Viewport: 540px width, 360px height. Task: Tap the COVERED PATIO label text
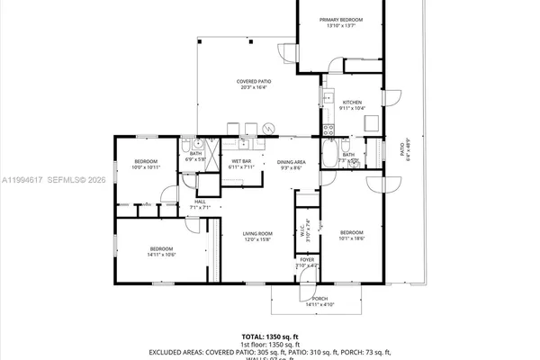(254, 81)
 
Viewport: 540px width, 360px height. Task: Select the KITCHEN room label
(352, 103)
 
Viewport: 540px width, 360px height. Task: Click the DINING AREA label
(291, 161)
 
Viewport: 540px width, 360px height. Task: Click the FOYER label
(307, 259)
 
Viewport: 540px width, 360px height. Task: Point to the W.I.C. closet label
(302, 229)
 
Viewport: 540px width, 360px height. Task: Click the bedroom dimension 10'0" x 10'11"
(146, 167)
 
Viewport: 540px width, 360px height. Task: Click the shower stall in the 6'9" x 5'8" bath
(213, 149)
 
